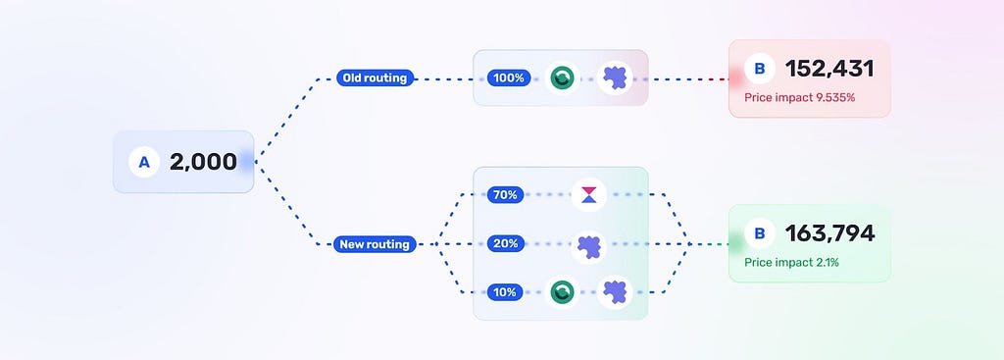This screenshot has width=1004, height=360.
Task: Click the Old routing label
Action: [x=375, y=78]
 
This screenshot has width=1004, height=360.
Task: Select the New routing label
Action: [x=375, y=244]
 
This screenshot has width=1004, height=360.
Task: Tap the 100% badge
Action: [x=509, y=78]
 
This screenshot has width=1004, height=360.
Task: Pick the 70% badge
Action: [x=505, y=195]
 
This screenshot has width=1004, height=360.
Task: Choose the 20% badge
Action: [x=505, y=243]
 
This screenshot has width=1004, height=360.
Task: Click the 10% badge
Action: [x=505, y=292]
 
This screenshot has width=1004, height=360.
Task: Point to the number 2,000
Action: [x=203, y=162]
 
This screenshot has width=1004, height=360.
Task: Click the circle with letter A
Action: [x=144, y=162]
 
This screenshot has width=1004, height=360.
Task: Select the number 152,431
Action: [x=829, y=69]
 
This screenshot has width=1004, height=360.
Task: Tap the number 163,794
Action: [x=829, y=233]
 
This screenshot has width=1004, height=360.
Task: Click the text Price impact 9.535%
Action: [x=800, y=98]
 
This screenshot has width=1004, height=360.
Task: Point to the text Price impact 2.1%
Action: [x=791, y=263]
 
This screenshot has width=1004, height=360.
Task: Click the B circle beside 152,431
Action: [x=760, y=69]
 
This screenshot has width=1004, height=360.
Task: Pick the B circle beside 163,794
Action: [x=760, y=233]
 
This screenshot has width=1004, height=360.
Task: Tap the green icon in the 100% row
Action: [x=562, y=78]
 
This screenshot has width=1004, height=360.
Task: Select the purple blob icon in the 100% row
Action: [x=615, y=78]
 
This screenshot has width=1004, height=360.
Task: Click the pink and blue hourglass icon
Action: [x=588, y=195]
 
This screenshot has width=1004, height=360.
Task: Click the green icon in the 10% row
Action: [x=562, y=292]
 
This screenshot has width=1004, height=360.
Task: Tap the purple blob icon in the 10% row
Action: [x=615, y=292]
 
